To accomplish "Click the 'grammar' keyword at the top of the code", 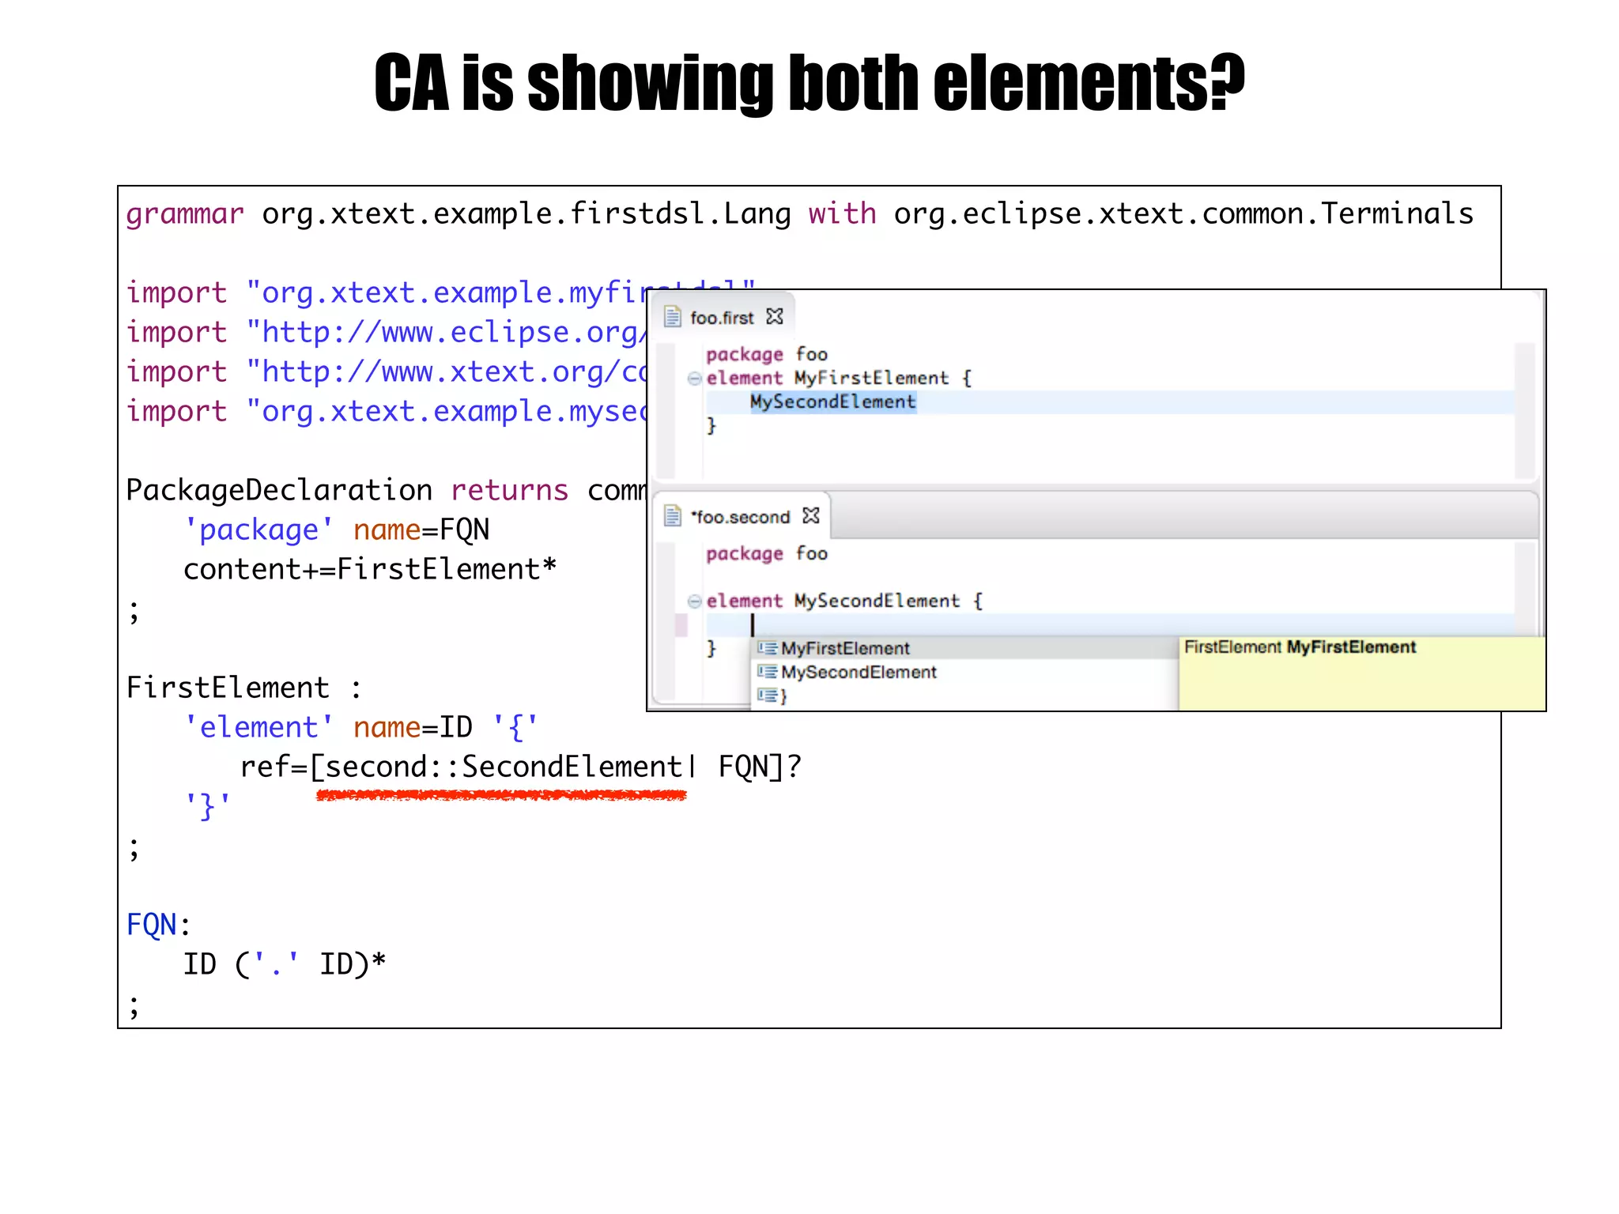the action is click(x=185, y=214).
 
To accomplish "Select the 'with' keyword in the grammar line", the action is click(x=841, y=214).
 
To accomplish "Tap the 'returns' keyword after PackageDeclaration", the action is click(x=509, y=491).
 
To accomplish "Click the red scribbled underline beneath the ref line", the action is click(x=501, y=796).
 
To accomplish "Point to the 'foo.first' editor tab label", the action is click(x=722, y=318).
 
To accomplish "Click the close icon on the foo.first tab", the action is click(x=775, y=317).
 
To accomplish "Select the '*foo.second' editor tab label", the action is click(x=741, y=517).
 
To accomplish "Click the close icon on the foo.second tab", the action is click(x=811, y=516).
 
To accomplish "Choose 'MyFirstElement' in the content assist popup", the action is click(x=845, y=649).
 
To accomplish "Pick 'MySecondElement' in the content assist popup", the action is click(x=859, y=673).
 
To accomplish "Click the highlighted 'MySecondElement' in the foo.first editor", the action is click(x=832, y=402).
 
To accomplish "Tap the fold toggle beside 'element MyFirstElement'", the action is click(x=694, y=379).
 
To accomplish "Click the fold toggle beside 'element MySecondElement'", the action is click(x=694, y=601).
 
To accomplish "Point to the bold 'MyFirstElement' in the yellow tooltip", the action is click(x=1351, y=647).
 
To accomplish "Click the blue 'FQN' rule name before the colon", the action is click(x=152, y=925).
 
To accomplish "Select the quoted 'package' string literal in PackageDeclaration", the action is click(x=259, y=530).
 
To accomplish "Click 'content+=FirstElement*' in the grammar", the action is click(x=370, y=570).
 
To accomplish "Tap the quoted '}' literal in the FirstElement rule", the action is click(x=208, y=807).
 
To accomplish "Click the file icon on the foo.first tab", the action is click(x=672, y=317).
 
